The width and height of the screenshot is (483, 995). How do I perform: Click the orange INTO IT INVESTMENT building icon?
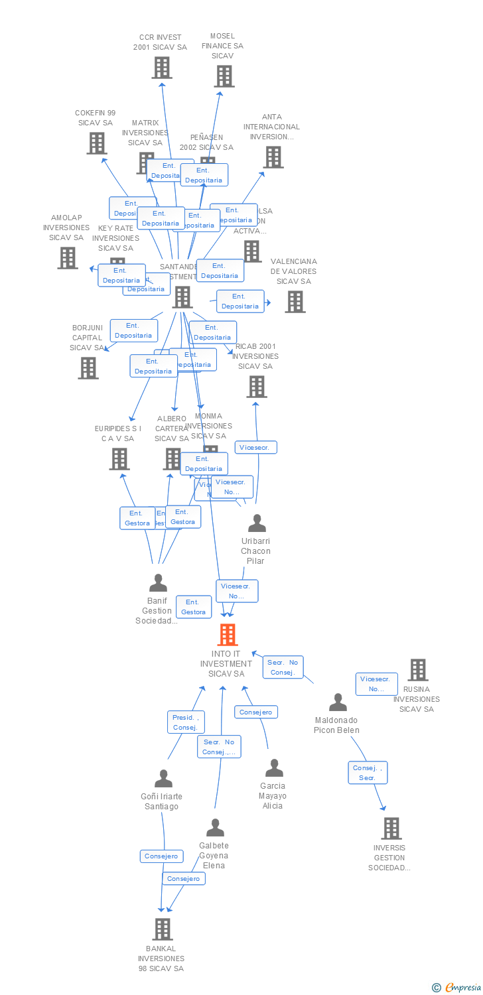coord(228,635)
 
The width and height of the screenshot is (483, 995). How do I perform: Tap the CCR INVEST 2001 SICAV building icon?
coord(162,68)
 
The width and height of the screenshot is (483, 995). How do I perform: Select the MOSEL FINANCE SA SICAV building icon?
coord(224,76)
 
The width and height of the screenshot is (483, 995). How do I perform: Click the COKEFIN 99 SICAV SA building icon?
coord(97,143)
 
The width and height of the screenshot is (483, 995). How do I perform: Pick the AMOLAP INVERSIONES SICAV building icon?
coord(68,258)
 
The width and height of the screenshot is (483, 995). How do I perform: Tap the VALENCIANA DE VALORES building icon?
coord(295,302)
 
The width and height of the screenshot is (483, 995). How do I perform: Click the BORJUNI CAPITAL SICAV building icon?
coord(88,368)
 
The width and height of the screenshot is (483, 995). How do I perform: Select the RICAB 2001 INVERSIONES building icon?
coord(257,387)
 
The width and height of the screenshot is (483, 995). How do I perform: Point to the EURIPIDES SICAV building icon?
coord(119,459)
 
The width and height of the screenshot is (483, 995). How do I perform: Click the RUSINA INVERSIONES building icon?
coord(418,670)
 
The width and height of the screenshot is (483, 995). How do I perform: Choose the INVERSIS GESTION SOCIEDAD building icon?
coord(391,829)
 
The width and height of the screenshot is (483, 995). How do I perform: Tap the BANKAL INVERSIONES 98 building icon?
coord(163,929)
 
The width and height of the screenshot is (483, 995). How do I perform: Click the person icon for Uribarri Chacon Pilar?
coord(257,523)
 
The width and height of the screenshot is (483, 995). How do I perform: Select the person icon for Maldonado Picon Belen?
coord(338,702)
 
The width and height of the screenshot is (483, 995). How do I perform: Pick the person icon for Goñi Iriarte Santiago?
coord(163,779)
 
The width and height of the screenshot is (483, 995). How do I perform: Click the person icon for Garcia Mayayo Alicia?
coord(274,768)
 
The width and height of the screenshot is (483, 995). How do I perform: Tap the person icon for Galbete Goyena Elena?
coord(215,828)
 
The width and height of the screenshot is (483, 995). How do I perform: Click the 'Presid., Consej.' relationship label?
coord(186,722)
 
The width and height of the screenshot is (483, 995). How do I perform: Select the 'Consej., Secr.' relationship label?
coord(368,773)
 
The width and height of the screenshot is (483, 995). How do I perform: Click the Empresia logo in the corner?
coord(456,988)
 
